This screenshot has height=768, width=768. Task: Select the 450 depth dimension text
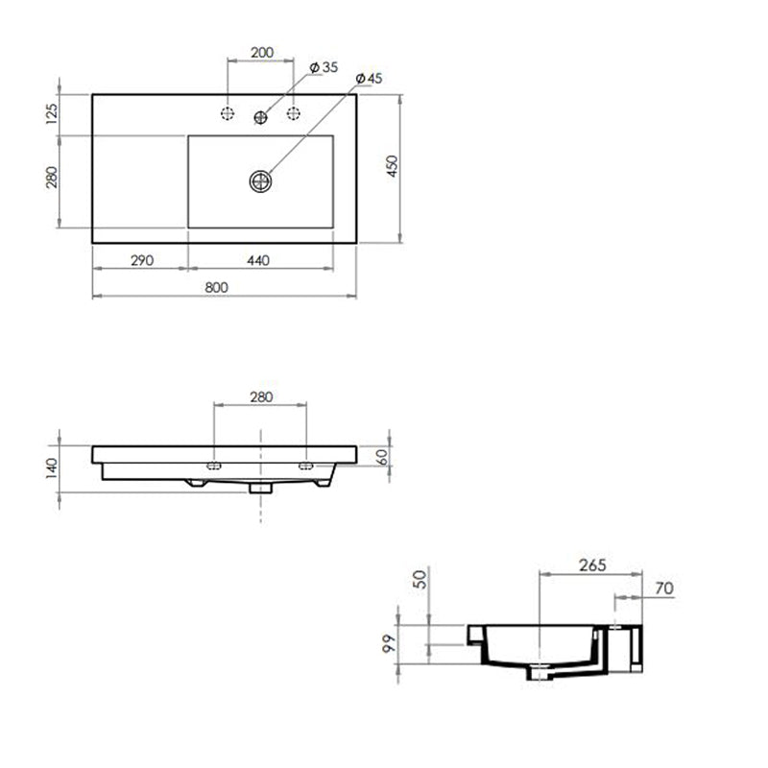[x=392, y=166]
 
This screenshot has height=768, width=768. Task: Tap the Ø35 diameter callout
[x=324, y=67]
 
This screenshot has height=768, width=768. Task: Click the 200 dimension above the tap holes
[x=262, y=52]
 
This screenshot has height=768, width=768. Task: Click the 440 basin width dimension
[x=258, y=260]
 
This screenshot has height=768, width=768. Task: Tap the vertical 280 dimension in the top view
[x=52, y=180]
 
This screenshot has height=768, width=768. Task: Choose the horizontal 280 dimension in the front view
[x=261, y=396]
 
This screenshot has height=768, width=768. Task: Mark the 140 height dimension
[x=52, y=468]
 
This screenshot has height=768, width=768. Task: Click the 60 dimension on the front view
[x=382, y=456]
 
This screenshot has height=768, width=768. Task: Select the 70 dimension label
[x=662, y=588]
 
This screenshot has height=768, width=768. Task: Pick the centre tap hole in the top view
[x=260, y=116]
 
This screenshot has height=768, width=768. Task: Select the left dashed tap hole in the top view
[x=228, y=113]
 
